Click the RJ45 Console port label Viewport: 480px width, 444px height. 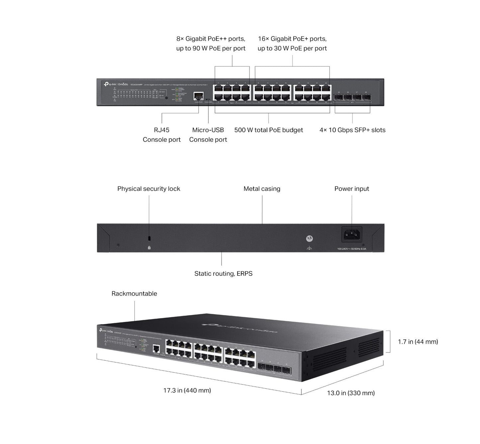pos(161,135)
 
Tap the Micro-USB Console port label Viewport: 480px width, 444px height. pos(208,135)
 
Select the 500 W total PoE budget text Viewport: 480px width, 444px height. pos(268,130)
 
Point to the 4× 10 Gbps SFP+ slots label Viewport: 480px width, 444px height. pos(352,130)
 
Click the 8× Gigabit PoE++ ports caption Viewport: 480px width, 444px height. pos(211,43)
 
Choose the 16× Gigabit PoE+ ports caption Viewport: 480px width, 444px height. pos(292,43)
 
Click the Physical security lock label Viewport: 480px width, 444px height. pos(148,189)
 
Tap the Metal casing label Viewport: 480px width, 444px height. pos(262,189)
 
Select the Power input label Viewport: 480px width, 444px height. pos(351,189)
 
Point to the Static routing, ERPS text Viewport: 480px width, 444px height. pos(223,274)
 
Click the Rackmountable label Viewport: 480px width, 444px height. pos(134,294)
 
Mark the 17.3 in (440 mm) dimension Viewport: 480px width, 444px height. pos(187,391)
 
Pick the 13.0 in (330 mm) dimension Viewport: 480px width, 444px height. pos(351,393)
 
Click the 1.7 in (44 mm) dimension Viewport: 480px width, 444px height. pos(418,342)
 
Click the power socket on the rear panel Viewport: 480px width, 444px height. pos(352,235)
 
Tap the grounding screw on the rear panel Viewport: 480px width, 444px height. pos(309,238)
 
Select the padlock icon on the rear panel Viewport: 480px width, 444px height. pos(149,248)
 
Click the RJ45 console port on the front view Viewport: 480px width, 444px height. pos(198,96)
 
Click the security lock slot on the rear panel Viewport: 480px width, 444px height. pos(149,238)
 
